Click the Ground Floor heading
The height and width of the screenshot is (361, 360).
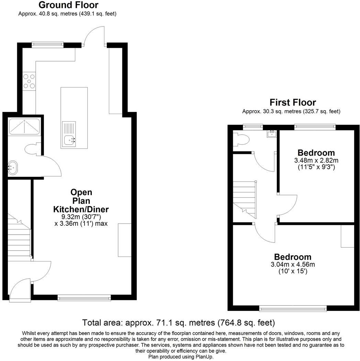68,5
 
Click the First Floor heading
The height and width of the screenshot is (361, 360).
292,102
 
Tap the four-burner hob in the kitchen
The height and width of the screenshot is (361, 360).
29,81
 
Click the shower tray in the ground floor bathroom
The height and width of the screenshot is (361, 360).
24,126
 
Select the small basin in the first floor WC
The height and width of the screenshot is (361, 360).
271,133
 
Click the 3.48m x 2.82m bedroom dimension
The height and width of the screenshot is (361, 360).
316,160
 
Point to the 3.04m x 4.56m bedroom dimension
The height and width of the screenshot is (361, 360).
292,264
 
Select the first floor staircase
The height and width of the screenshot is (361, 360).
245,199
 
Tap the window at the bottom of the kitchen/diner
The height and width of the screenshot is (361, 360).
84,298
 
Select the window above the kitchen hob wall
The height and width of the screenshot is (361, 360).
47,44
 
